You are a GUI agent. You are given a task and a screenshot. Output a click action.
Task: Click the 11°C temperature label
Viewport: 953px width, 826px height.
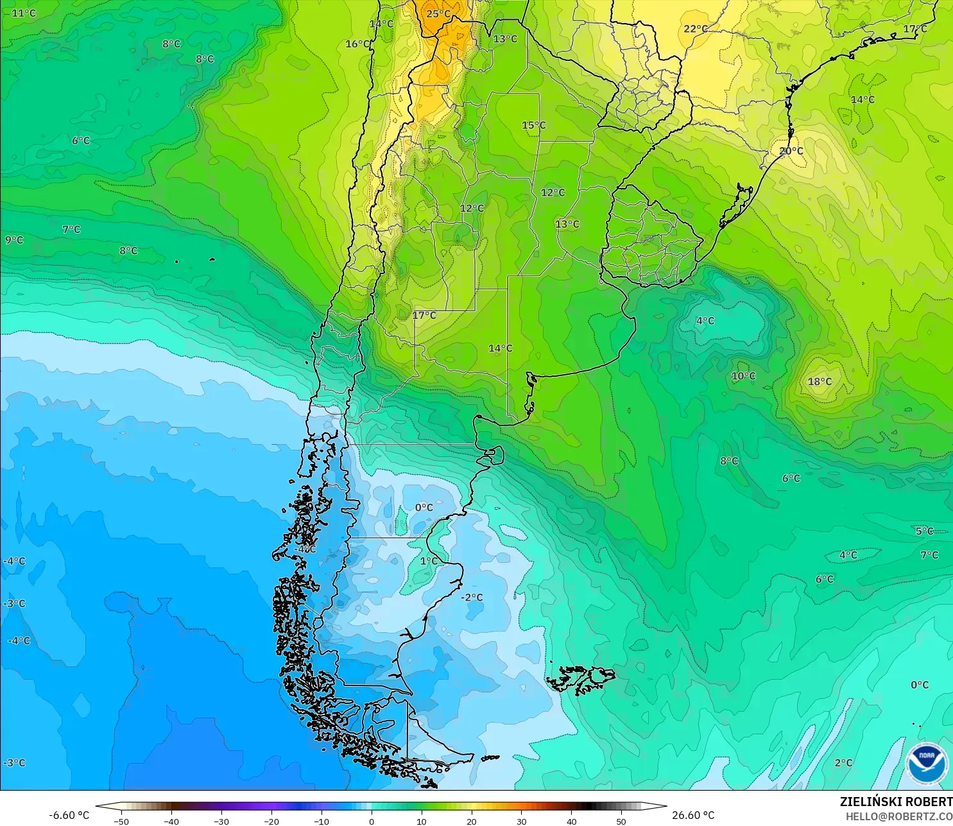24,13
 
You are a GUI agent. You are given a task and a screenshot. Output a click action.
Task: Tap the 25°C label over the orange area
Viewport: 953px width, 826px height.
438,13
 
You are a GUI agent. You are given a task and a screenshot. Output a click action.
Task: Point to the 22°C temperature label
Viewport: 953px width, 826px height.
696,29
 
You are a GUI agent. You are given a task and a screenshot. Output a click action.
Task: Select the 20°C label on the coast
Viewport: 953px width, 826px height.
791,151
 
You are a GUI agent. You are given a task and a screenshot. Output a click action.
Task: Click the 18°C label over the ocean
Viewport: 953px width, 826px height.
820,381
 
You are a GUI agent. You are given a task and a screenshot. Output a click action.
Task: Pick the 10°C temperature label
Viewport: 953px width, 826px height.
743,376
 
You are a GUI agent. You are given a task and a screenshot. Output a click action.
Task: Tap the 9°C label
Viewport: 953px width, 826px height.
14,240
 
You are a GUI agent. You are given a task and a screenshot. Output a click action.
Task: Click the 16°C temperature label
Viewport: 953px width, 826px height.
357,44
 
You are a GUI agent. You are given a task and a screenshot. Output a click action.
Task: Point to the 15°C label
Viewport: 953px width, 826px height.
533,125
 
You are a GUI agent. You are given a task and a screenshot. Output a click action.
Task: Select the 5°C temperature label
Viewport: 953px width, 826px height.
924,531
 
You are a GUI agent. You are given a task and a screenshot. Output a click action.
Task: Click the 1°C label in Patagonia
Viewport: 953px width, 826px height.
429,561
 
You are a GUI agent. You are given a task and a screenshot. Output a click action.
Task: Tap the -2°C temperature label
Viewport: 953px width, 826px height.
472,598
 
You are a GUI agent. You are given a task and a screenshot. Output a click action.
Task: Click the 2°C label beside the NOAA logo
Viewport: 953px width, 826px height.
843,762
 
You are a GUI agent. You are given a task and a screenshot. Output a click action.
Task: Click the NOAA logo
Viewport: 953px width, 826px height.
926,763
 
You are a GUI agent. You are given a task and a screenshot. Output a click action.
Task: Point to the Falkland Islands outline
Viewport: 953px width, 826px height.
581,679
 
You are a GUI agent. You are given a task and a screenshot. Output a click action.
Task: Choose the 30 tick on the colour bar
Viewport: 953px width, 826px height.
521,821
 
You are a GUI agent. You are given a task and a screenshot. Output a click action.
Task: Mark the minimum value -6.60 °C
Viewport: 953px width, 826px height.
69,815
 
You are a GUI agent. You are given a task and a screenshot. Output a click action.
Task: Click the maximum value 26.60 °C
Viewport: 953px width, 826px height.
693,815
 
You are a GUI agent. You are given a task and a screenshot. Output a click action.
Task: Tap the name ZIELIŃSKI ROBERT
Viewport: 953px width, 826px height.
896,802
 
